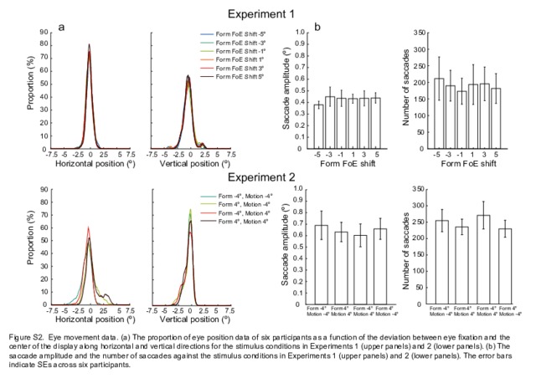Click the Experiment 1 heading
(267, 13)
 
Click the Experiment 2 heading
(267, 178)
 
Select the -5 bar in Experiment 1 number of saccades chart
(439, 115)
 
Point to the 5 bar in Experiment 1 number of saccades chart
(494, 119)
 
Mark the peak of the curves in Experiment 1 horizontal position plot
(89, 46)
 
